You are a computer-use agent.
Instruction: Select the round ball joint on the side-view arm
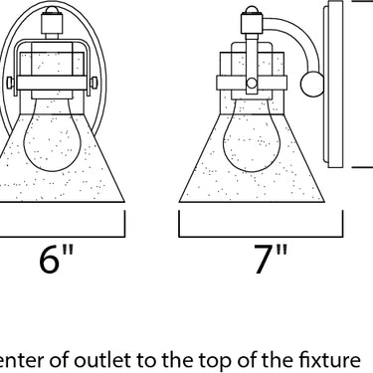(312, 85)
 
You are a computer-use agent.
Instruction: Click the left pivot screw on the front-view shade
(11, 83)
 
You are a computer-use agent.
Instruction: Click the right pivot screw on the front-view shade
(93, 83)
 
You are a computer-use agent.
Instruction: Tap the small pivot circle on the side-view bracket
(252, 83)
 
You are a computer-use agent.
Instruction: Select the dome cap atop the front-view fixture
(52, 10)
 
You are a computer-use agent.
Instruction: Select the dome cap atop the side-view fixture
(252, 10)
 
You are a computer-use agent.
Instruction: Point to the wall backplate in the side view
(333, 85)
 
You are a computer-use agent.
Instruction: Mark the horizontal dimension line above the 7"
(261, 237)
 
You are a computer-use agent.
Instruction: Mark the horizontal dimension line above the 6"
(63, 237)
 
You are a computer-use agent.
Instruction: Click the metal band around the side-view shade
(252, 83)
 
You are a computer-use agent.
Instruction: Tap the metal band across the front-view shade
(52, 83)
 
